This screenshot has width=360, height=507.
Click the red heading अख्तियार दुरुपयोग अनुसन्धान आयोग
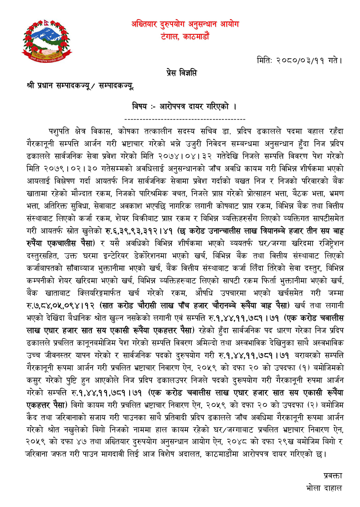coord(185,24)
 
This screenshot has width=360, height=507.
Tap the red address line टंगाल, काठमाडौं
coord(185,36)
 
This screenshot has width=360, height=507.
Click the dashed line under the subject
coord(185,119)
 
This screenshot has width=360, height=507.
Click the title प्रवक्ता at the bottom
coord(332,476)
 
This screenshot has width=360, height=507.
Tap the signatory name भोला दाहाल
coord(324,488)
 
